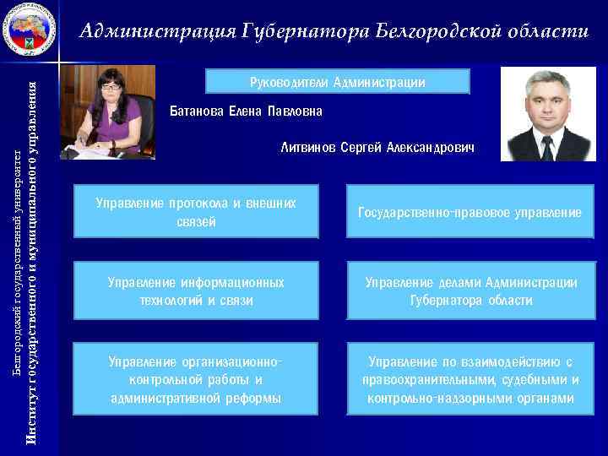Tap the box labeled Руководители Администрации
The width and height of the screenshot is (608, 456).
(x=338, y=82)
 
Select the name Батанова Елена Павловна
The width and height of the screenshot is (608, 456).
(x=246, y=111)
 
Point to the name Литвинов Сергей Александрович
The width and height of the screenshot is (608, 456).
(x=377, y=148)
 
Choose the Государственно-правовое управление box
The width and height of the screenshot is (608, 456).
(x=470, y=212)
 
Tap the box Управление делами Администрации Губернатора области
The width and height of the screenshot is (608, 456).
(x=470, y=290)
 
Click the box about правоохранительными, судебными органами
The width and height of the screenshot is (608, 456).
(x=470, y=380)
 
